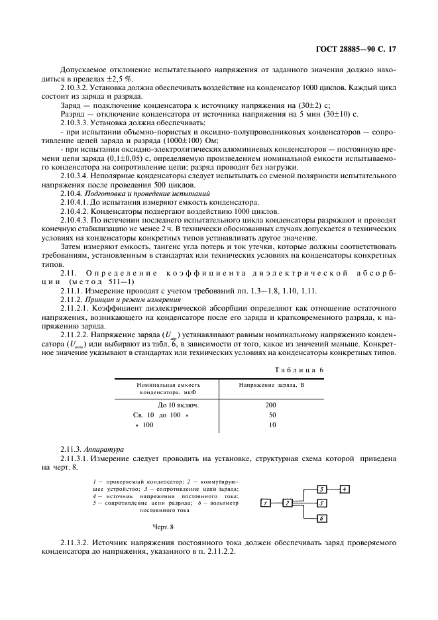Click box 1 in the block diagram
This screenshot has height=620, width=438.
click(265, 503)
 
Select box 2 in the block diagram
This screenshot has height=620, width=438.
click(288, 503)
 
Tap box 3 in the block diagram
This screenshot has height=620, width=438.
click(321, 490)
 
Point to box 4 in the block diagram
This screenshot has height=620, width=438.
click(345, 490)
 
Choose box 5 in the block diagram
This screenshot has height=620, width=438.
click(321, 503)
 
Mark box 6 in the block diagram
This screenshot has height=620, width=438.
click(321, 518)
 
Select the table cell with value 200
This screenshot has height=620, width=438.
click(272, 404)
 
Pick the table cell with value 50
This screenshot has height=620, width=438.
click(272, 415)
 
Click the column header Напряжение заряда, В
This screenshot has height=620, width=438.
click(271, 384)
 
